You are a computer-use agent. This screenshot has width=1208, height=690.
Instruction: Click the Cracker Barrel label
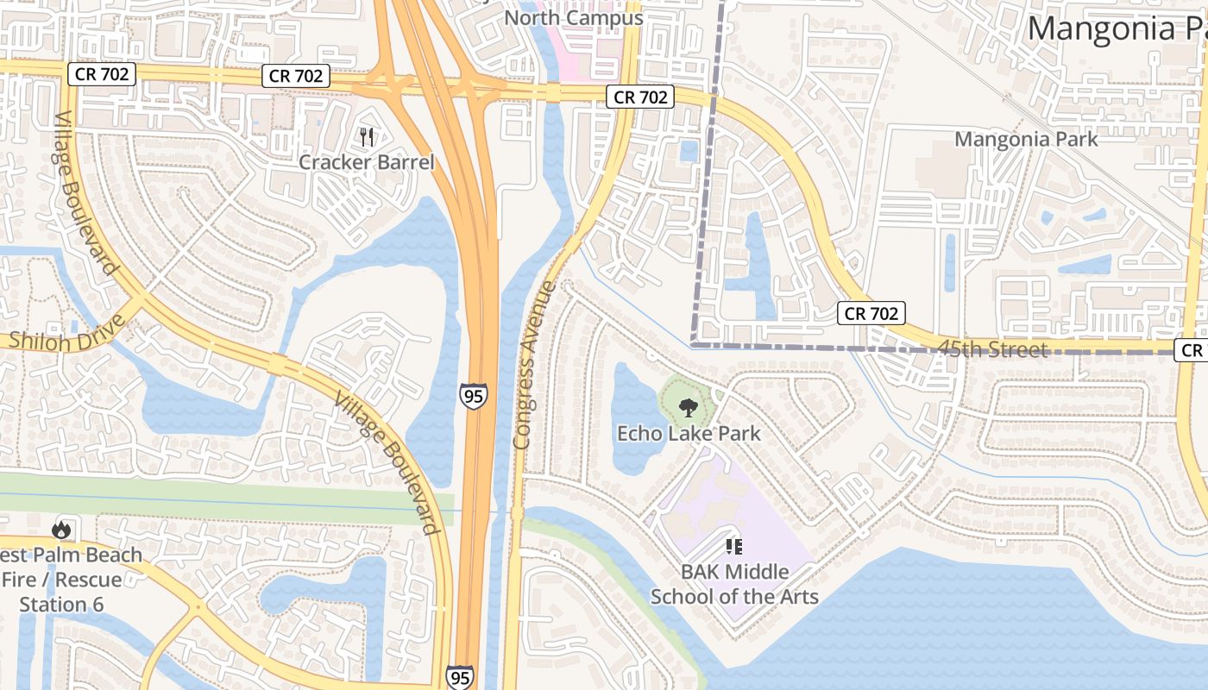[x=367, y=162]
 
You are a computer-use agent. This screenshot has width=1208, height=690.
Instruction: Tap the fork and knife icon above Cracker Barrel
[x=367, y=136]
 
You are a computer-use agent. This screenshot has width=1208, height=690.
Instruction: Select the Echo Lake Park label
[x=689, y=433]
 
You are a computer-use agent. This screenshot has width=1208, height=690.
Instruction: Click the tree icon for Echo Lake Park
[x=688, y=407]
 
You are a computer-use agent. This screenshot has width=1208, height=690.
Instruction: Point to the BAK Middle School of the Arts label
[x=734, y=583]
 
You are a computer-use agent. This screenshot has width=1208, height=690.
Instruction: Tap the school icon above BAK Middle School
[x=734, y=545]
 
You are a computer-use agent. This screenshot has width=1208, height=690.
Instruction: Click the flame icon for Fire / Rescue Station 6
[x=61, y=529]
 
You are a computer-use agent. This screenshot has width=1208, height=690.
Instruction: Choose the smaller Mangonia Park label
[x=1026, y=139]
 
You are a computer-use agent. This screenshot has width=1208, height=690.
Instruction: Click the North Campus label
[x=574, y=18]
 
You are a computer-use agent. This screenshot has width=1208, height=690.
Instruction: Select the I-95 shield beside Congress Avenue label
[x=473, y=395]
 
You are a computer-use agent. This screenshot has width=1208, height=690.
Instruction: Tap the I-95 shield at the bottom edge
[x=460, y=677]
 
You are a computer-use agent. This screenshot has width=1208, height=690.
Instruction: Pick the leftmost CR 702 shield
[x=102, y=74]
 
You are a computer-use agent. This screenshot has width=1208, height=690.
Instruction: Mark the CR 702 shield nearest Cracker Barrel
[x=296, y=76]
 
